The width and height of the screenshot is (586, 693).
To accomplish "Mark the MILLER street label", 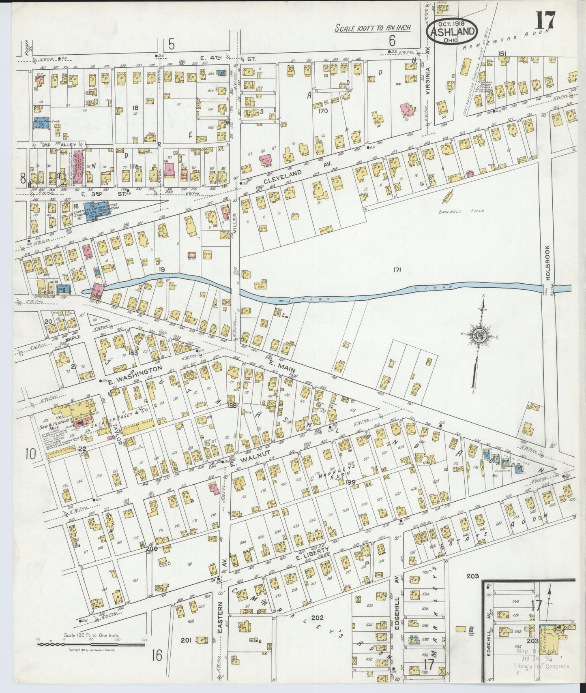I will click(234, 224).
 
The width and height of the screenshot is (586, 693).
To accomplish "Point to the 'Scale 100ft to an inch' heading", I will click(373, 28).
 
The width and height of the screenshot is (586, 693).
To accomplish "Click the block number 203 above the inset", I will click(472, 576).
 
